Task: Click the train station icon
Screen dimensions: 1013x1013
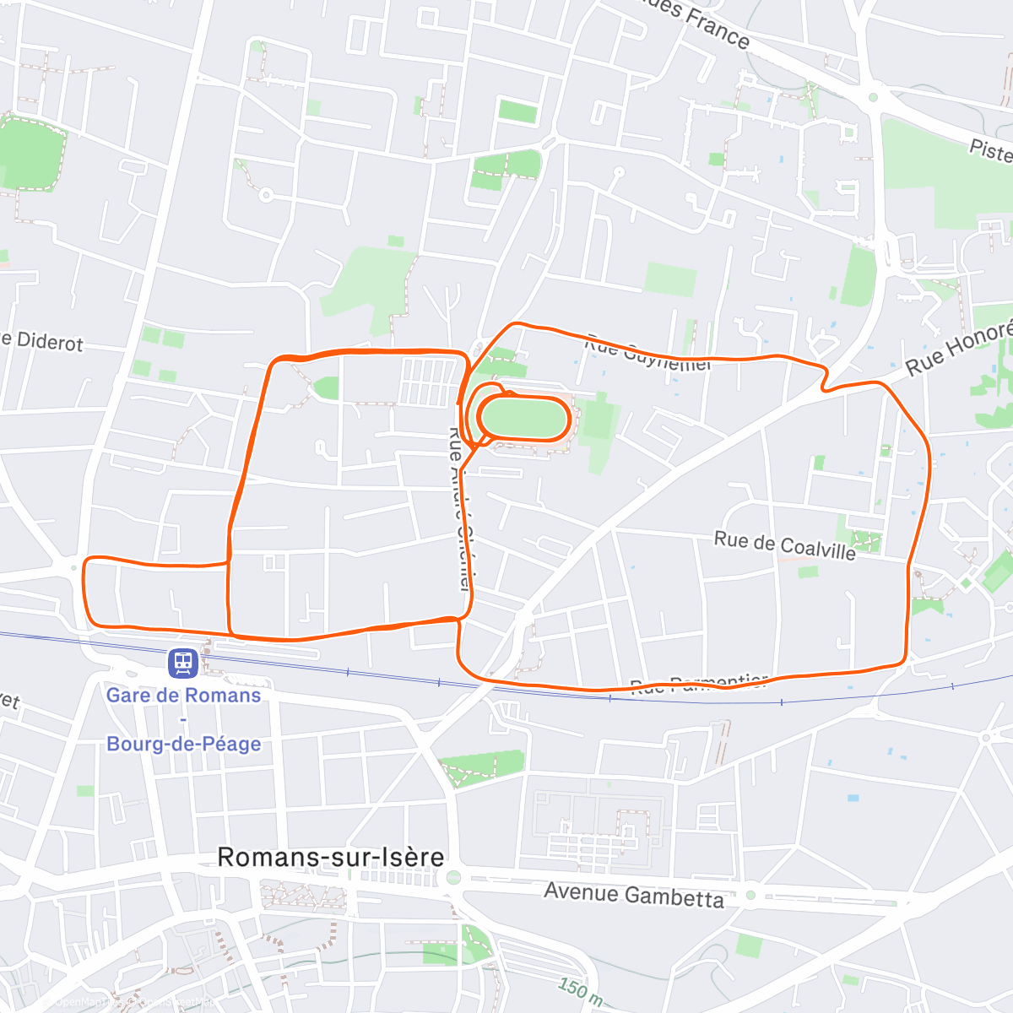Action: (183, 663)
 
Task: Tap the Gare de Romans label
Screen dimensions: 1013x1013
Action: (183, 696)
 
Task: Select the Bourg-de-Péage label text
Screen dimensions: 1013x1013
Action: (183, 744)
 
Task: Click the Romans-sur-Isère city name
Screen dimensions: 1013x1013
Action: (331, 857)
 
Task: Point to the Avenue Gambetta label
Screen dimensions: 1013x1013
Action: (634, 894)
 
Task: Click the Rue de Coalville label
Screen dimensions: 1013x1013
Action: (784, 545)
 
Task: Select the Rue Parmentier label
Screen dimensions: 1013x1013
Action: (699, 684)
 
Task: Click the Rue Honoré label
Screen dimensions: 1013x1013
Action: (958, 349)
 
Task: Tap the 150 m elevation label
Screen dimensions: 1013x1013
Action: (579, 989)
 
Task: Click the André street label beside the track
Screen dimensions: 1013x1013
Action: (458, 506)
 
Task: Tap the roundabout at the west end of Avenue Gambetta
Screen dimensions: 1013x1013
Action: (453, 879)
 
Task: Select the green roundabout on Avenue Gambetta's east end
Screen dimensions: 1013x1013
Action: (750, 895)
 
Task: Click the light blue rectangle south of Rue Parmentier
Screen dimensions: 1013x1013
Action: (853, 798)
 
